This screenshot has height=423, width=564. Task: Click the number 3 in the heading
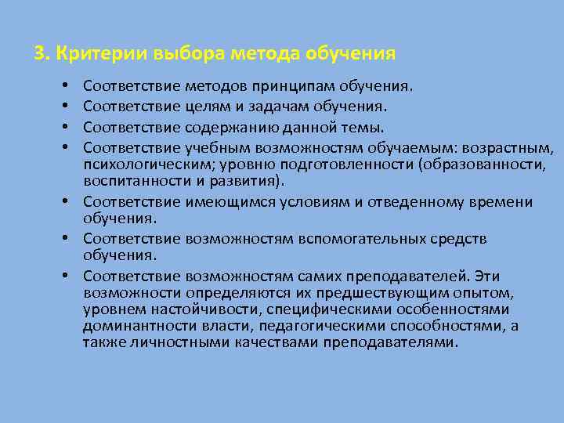coord(39,54)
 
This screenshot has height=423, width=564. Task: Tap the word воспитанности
coord(130,182)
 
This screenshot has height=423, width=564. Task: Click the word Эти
coord(488,276)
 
